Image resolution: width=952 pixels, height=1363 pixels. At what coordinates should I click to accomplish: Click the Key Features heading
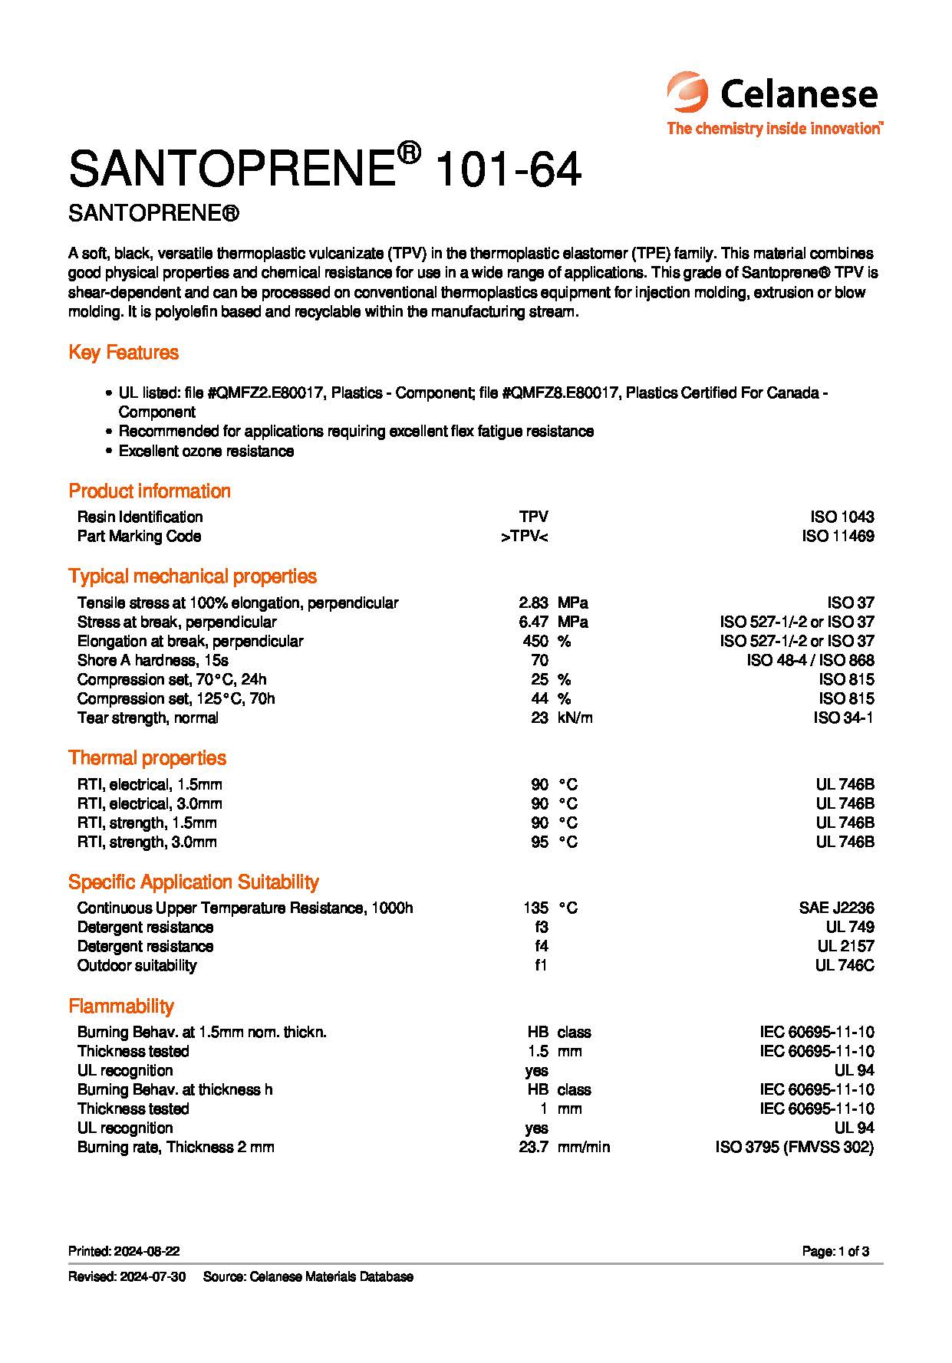click(x=124, y=353)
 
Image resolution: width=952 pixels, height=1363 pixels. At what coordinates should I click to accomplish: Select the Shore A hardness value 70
click(x=539, y=660)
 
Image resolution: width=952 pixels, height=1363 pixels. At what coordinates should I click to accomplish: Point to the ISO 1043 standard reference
click(x=842, y=517)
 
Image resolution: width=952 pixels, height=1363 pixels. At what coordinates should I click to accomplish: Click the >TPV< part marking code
click(x=525, y=536)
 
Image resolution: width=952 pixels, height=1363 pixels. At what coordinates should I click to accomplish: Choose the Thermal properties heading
click(x=147, y=758)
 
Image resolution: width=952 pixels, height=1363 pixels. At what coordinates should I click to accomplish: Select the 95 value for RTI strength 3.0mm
click(x=539, y=842)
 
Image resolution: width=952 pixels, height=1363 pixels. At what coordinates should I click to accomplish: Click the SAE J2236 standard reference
click(x=836, y=908)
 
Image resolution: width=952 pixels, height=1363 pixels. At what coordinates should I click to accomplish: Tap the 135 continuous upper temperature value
click(x=535, y=908)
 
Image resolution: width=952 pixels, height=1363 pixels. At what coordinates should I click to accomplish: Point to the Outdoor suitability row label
click(x=137, y=965)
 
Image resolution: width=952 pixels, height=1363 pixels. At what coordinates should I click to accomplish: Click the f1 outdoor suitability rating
click(x=541, y=965)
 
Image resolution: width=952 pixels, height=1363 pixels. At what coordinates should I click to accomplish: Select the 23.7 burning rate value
click(x=533, y=1147)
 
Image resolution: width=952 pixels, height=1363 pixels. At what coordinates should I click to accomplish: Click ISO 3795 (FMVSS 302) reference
click(x=794, y=1147)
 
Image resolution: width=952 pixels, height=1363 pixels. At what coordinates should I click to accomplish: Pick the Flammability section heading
click(x=121, y=1006)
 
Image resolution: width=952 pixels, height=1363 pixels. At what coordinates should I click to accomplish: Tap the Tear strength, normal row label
click(x=147, y=718)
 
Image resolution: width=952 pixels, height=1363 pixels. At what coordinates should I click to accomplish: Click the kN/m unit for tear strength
click(x=575, y=718)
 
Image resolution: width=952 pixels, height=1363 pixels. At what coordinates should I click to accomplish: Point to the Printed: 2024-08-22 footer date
click(x=124, y=1251)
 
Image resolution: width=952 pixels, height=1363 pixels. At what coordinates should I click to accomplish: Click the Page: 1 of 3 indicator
click(x=835, y=1251)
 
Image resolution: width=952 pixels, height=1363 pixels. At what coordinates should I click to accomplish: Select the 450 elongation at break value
click(x=535, y=641)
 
